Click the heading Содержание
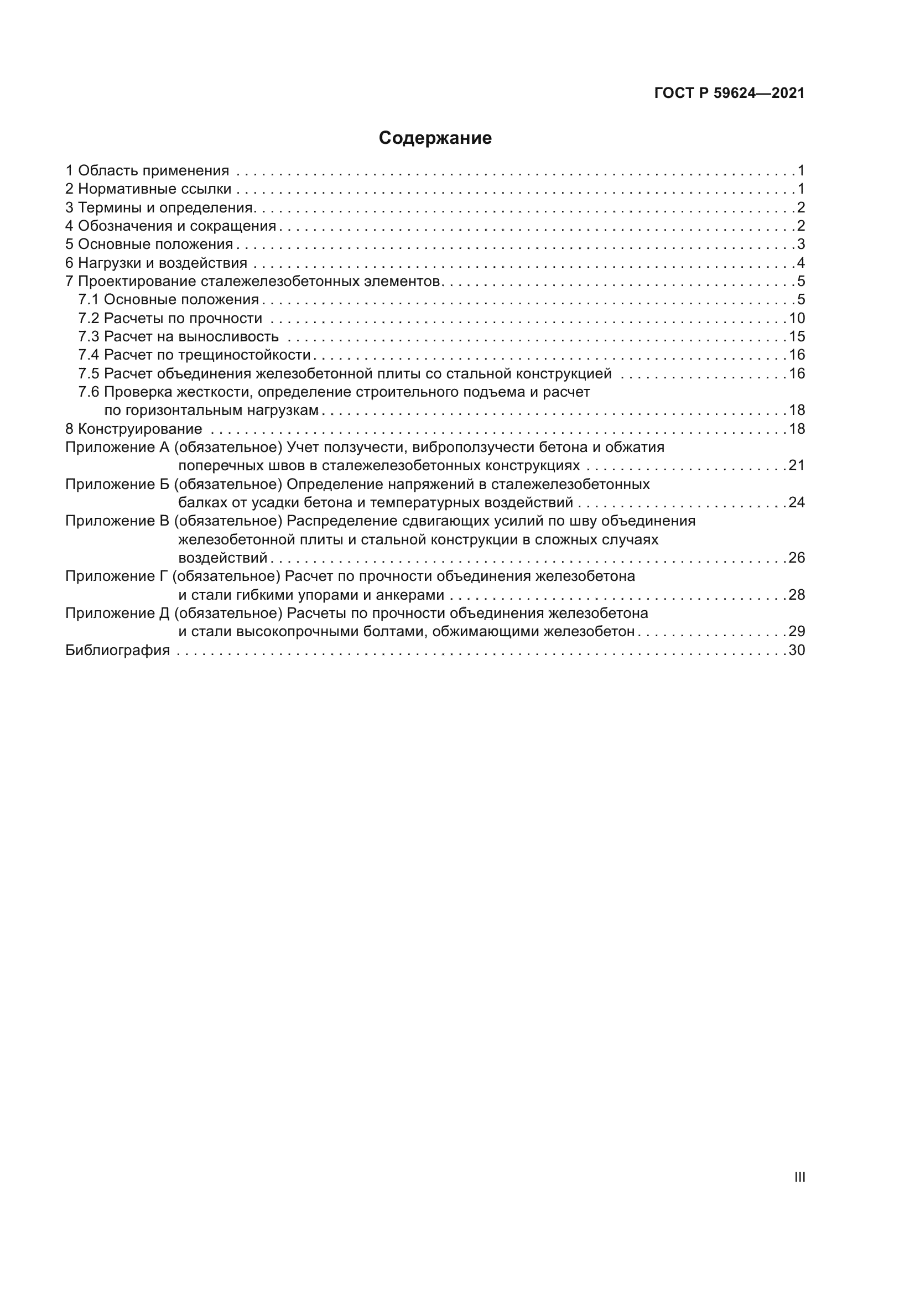coord(435,138)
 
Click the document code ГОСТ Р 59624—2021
coord(729,93)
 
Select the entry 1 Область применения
coord(148,170)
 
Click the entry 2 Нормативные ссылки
coord(149,189)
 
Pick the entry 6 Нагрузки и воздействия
coord(157,263)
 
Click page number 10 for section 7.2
coord(797,318)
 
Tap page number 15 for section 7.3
coord(797,336)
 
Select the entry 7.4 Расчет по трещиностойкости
coord(194,355)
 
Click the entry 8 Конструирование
coord(134,429)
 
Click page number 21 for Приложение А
coord(797,465)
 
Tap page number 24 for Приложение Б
coord(797,502)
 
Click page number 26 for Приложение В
coord(797,558)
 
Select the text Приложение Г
coord(117,576)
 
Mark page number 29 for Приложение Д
coord(797,631)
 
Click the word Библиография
coord(118,650)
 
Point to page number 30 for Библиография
coord(797,650)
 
